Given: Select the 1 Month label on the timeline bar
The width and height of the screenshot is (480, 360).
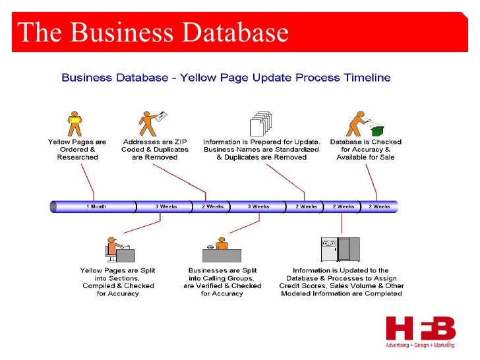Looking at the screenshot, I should (x=96, y=206).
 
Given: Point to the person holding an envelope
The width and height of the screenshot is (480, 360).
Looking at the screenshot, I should (x=151, y=123).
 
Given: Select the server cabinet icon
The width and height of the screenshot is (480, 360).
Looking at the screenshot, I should (x=340, y=249).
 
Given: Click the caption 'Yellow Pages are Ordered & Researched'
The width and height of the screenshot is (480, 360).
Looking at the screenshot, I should (x=76, y=150).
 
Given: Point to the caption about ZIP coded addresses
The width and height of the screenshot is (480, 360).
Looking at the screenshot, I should (x=154, y=150).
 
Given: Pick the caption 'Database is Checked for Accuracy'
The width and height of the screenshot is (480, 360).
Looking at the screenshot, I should (x=365, y=150).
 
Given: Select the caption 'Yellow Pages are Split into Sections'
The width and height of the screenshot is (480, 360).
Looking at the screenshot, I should (x=117, y=282).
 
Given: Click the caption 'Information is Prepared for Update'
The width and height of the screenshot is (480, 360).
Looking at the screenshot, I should (x=262, y=150).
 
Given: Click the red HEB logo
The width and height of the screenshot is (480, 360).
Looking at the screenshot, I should (x=420, y=329).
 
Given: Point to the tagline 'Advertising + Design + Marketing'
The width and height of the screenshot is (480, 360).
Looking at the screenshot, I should (x=420, y=345).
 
